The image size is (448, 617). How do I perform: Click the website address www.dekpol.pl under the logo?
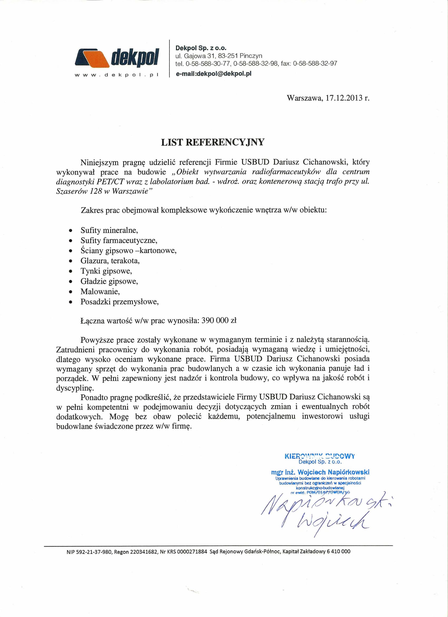[116, 75]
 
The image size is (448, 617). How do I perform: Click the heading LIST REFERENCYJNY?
[213, 142]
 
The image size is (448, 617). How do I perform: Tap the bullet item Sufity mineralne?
[109, 231]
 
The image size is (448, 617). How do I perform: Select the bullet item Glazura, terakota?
[110, 261]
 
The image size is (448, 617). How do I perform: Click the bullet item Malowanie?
[100, 292]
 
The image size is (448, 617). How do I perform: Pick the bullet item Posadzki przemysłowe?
[119, 302]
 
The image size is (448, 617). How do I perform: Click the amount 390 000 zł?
[219, 321]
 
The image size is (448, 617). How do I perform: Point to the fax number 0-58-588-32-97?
[315, 64]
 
